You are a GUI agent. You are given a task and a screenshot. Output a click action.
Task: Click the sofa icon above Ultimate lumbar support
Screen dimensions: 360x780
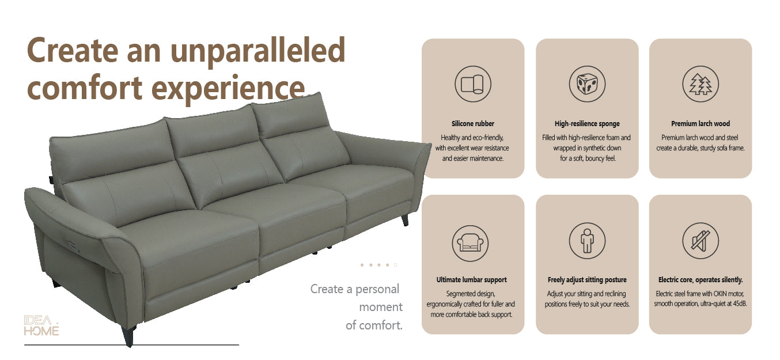click(x=472, y=241)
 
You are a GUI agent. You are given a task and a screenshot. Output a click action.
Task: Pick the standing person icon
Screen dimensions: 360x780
click(x=586, y=241)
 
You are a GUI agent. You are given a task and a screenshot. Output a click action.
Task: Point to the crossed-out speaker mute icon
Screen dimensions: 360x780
click(x=700, y=241)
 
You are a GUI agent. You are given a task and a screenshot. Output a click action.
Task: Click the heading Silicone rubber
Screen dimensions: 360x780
click(x=472, y=124)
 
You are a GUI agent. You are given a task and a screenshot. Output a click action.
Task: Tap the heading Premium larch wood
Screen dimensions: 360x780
click(x=700, y=124)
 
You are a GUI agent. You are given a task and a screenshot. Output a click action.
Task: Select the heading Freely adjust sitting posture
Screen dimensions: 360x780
click(x=586, y=280)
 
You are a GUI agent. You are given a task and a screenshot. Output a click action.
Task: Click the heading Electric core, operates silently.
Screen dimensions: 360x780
click(x=700, y=280)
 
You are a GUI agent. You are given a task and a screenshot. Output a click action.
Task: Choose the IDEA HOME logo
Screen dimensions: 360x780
click(x=41, y=325)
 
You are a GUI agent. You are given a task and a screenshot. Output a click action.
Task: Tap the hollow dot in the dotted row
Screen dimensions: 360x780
click(x=395, y=265)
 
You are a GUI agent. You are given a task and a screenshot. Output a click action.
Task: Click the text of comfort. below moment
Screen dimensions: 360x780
click(x=374, y=325)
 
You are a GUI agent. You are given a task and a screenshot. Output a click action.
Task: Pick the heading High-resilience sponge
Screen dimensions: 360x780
click(x=586, y=124)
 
